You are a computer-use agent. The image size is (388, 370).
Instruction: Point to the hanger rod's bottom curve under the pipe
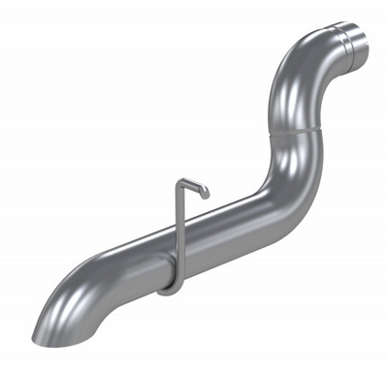tap(167, 288)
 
